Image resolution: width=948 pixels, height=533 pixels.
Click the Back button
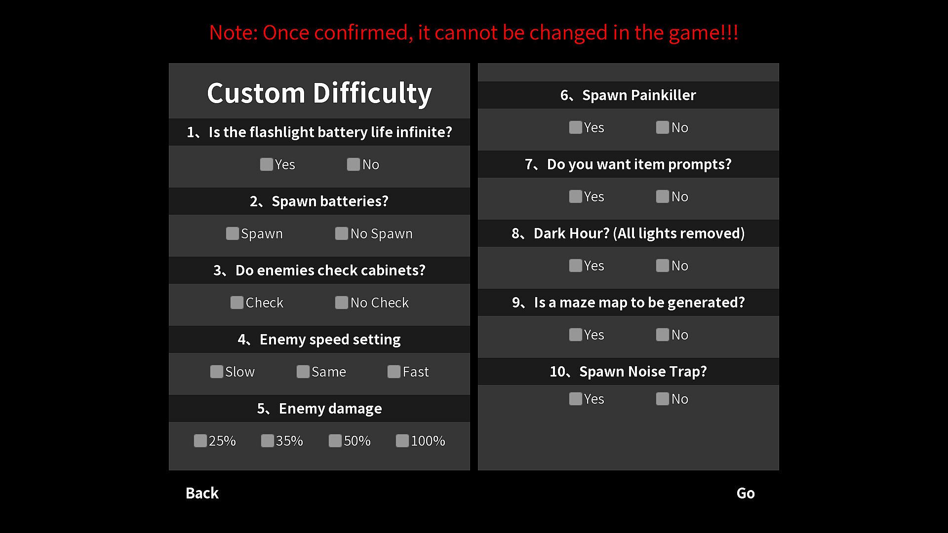point(202,493)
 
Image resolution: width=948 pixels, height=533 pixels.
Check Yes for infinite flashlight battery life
point(267,164)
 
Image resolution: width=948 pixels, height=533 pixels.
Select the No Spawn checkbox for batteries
point(342,233)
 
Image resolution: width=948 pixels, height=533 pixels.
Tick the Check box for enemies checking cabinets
point(237,303)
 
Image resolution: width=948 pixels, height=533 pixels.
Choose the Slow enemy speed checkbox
point(217,372)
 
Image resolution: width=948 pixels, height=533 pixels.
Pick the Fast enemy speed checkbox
point(394,372)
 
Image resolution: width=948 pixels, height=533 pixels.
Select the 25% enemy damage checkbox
point(200,441)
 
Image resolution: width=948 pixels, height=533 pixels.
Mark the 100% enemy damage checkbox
point(402,441)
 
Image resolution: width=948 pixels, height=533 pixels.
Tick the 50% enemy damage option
point(335,441)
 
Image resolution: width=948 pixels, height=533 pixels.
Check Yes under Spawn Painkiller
point(576,127)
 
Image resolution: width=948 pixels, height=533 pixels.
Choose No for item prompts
point(663,196)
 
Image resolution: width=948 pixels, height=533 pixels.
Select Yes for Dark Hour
point(576,266)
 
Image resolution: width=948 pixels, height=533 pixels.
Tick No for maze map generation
point(663,335)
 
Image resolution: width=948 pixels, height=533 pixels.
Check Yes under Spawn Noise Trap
point(576,399)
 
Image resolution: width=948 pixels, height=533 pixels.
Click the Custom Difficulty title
point(319,93)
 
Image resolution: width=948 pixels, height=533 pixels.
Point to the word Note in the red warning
point(231,33)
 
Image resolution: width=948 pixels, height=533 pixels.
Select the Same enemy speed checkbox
point(303,372)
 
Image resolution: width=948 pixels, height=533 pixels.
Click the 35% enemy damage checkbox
point(268,441)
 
